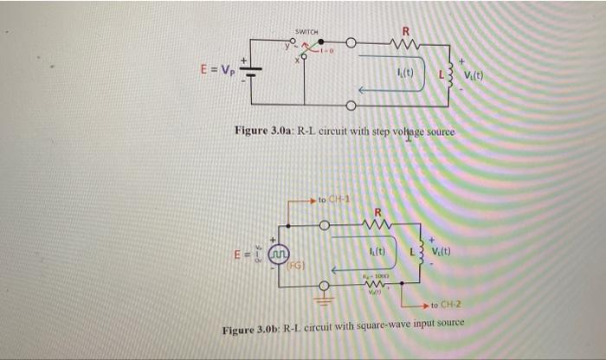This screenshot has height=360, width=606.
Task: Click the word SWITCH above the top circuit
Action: tap(307, 32)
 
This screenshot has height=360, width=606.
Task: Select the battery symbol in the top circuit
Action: tap(251, 72)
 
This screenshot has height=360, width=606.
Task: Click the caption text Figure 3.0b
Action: tap(251, 331)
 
